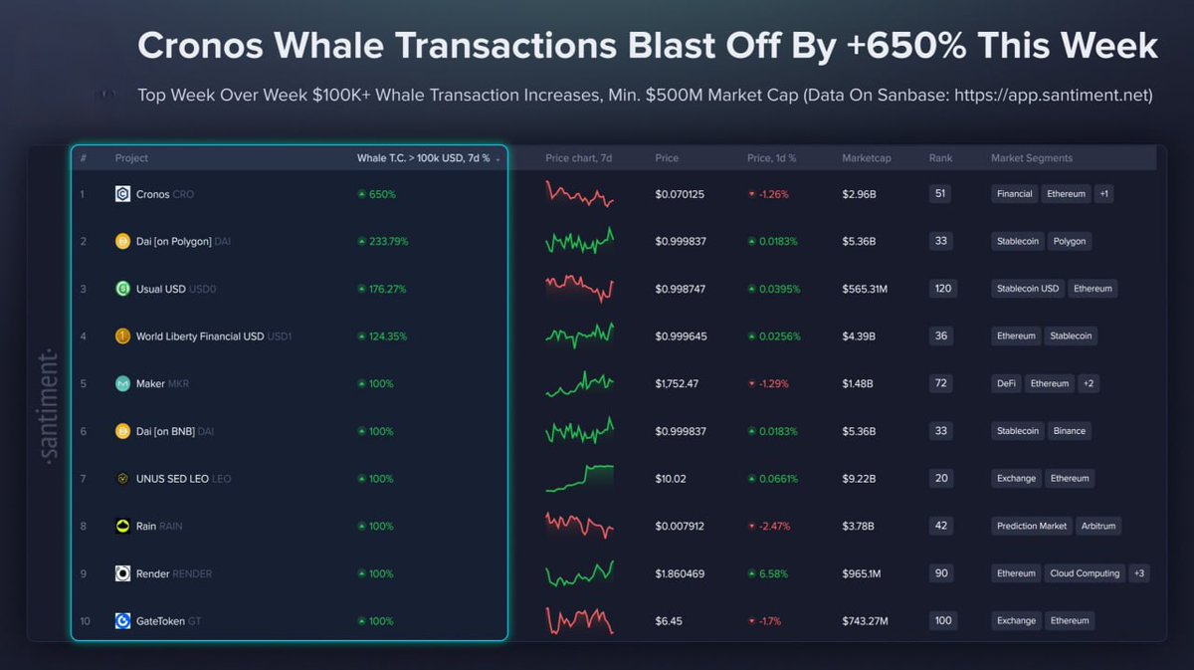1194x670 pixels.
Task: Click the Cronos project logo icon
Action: (122, 194)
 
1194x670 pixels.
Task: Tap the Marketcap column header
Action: (866, 158)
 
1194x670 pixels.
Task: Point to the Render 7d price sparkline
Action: (579, 573)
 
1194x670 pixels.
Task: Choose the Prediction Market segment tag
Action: (1031, 526)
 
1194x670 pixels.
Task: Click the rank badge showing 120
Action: (942, 289)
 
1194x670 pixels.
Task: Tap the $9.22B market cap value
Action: (859, 479)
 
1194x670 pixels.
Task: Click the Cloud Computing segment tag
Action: (1085, 573)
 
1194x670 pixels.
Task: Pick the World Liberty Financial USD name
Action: (199, 336)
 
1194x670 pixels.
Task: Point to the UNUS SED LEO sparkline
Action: (579, 478)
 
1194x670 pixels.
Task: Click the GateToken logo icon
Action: (122, 621)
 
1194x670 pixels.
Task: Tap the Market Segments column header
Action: (1031, 158)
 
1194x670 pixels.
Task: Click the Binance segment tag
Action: (1070, 431)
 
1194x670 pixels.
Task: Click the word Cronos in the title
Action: (203, 46)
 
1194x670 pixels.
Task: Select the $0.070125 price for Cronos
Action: (680, 194)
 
